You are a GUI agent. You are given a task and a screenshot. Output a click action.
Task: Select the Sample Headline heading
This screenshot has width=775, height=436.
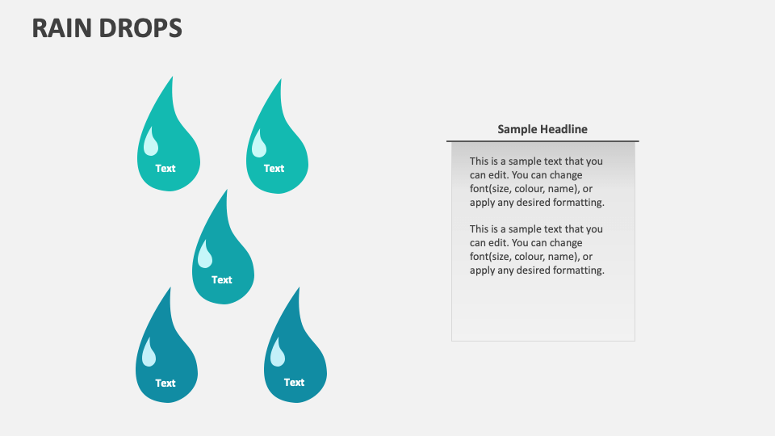point(542,129)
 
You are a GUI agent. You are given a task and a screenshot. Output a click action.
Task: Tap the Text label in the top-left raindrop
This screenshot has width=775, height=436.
point(165,169)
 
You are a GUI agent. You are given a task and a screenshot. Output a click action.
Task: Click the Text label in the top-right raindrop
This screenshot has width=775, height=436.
point(274,169)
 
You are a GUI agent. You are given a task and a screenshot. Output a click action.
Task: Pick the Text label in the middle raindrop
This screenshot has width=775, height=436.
point(222,280)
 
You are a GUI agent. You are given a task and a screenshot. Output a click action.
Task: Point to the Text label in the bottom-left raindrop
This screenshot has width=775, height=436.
point(165,384)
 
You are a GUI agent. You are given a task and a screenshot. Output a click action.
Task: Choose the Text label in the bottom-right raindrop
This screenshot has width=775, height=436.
point(295,383)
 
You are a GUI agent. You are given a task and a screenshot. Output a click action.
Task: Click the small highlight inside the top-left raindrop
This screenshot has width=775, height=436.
point(151,144)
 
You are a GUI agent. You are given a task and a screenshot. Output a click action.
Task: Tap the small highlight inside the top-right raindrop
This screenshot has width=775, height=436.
point(259,145)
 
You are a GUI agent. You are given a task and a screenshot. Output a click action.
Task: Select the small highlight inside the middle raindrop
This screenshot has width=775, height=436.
point(205,256)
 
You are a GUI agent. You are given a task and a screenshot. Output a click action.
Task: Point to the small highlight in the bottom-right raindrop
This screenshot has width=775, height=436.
point(278,354)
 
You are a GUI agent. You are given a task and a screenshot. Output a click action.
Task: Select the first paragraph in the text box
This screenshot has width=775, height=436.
point(537,182)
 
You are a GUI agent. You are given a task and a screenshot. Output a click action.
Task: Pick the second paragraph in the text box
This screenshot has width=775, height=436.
point(537,249)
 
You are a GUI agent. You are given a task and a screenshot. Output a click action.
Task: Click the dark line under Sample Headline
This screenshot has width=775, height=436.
point(542,141)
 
